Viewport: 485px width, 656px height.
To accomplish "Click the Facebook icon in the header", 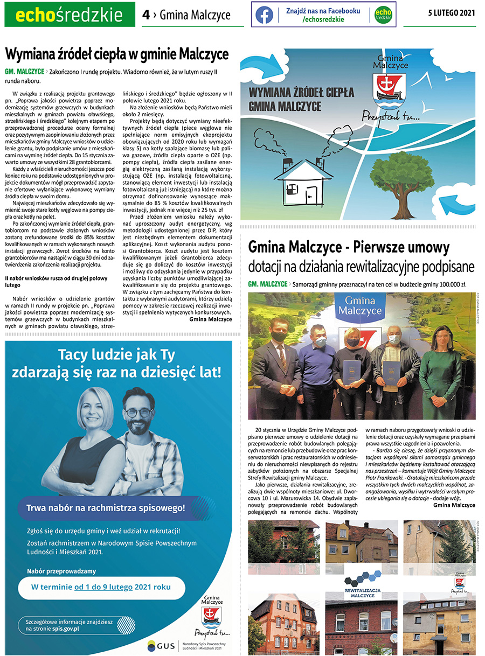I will coord(264,15).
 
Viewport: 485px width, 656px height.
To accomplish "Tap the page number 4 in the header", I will coord(145,15).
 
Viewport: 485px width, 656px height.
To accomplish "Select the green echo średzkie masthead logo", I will coord(70,15).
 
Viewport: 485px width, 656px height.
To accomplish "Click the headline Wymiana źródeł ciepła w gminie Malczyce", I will coord(117,54).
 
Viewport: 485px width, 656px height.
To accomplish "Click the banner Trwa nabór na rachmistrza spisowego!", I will coord(106,507).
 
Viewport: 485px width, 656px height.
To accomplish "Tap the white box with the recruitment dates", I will coord(101,587).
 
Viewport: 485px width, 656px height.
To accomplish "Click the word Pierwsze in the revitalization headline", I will coord(384,247).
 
